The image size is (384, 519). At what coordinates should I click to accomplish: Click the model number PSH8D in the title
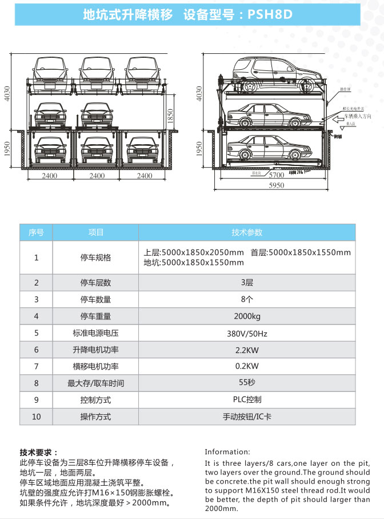click(x=270, y=15)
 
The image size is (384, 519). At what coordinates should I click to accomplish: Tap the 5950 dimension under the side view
click(x=277, y=186)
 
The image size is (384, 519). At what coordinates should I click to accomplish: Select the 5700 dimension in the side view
click(x=277, y=176)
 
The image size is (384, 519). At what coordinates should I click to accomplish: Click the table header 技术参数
click(x=247, y=232)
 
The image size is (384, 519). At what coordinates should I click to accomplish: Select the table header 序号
click(x=37, y=232)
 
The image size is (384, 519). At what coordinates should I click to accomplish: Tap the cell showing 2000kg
click(x=247, y=316)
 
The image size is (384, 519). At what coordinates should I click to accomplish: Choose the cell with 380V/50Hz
click(x=247, y=332)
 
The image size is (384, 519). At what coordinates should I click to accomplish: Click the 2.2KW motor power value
click(x=247, y=350)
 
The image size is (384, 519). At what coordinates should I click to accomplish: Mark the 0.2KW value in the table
click(x=247, y=366)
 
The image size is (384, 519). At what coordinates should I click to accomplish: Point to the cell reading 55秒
click(x=247, y=383)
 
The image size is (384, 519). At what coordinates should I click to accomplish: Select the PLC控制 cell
click(x=247, y=399)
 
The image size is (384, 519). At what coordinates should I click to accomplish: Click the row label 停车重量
click(x=95, y=316)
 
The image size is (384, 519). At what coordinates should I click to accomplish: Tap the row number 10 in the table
click(x=37, y=417)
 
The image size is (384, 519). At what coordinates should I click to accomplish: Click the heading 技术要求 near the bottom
click(x=38, y=453)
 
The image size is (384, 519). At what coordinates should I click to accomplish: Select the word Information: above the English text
click(x=227, y=451)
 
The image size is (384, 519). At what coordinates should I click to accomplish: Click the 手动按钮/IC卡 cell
click(x=247, y=417)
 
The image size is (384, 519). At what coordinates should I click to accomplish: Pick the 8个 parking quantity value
click(x=247, y=299)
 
